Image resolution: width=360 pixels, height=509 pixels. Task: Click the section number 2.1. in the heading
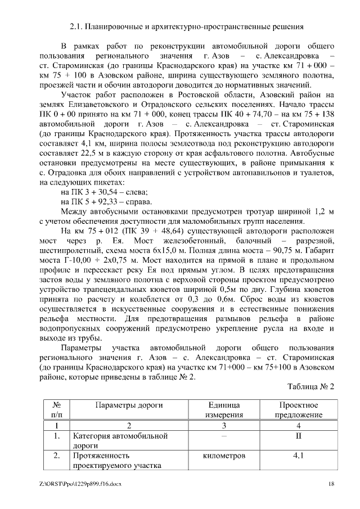(x=76, y=26)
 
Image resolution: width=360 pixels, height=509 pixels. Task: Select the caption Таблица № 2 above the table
(x=311, y=388)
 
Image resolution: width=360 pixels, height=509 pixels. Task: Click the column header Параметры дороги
(x=129, y=406)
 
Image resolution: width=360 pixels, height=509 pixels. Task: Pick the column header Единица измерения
(x=224, y=410)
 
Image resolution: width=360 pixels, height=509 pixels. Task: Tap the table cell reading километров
(x=224, y=456)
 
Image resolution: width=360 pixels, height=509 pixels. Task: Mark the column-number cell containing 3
(x=224, y=425)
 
